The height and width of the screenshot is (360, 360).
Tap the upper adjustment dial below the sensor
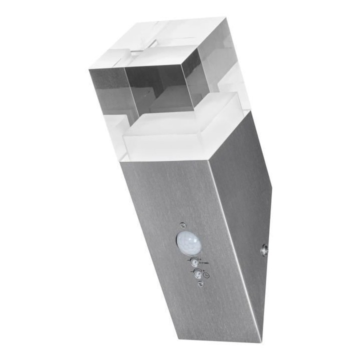(193, 260)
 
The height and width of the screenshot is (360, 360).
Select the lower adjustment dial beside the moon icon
(196, 273)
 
